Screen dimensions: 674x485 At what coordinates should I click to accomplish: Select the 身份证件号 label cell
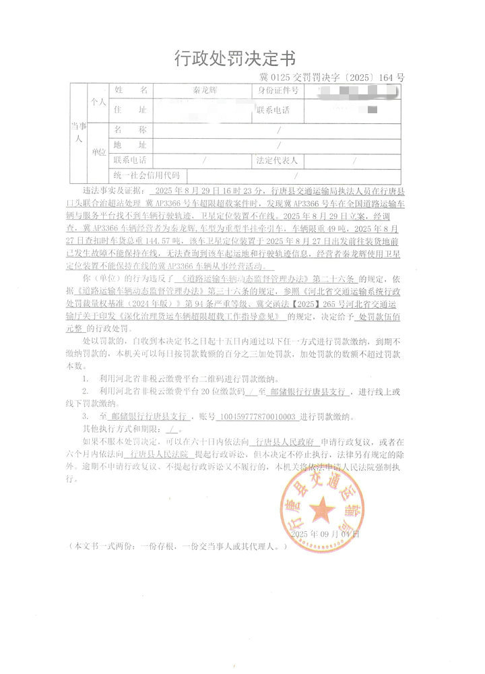click(278, 90)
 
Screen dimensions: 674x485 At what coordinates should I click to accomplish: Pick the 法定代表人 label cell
click(278, 160)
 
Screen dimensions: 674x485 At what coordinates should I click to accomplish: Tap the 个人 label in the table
click(99, 102)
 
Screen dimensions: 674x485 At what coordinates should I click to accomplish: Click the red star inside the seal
click(321, 507)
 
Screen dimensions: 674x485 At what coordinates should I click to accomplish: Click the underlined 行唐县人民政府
click(287, 443)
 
